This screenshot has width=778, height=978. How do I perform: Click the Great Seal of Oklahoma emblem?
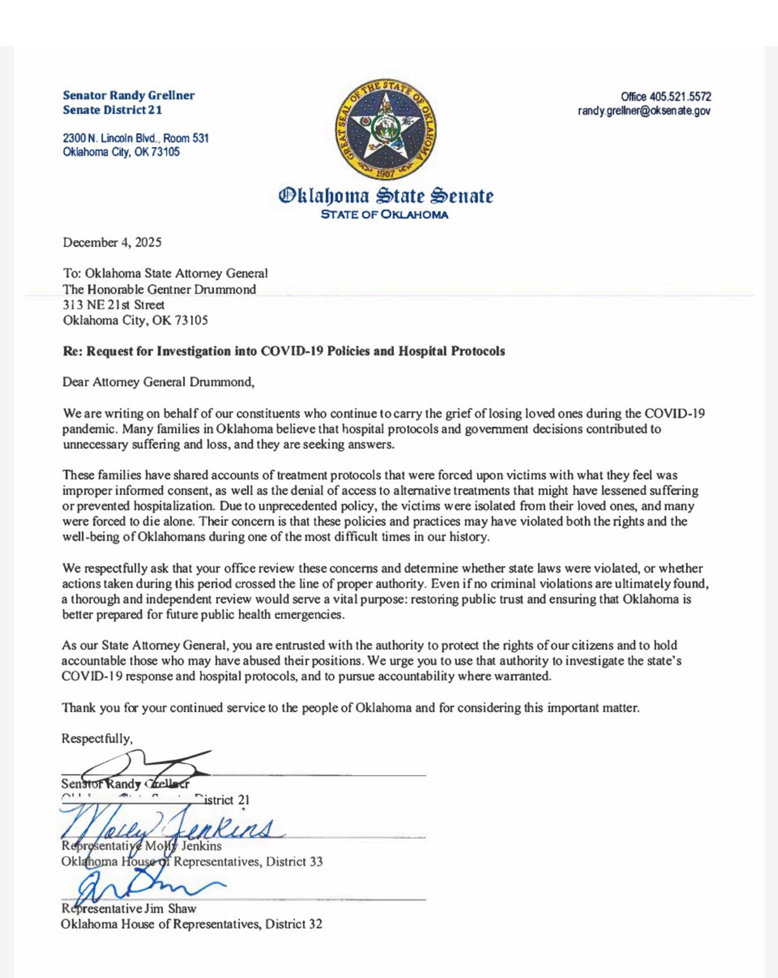385,129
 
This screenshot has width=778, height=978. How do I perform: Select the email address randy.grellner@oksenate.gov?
644,111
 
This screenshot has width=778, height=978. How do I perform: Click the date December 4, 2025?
112,243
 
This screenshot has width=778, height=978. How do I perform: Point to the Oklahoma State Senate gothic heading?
385,195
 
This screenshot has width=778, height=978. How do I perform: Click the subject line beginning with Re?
283,351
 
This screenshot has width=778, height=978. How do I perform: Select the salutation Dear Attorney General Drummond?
158,382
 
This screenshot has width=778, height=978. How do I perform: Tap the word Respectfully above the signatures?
96,738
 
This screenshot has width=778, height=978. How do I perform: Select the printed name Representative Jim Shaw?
128,909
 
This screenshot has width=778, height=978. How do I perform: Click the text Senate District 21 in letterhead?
112,110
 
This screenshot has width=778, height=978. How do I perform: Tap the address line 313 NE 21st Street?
113,305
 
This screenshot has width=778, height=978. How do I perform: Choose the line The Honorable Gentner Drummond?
159,289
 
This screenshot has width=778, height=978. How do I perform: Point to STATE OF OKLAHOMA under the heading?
384,215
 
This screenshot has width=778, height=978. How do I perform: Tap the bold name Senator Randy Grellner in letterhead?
128,95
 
